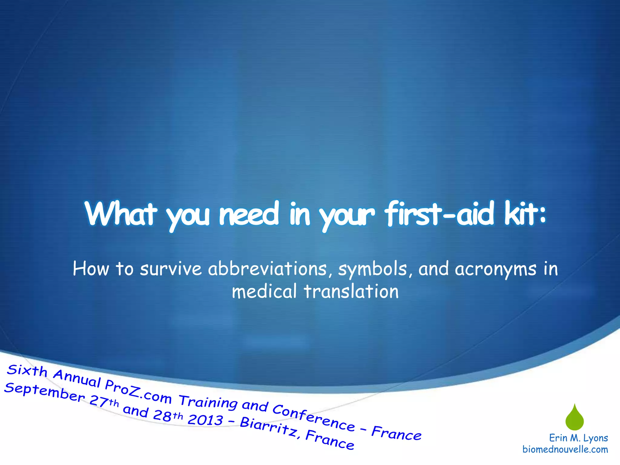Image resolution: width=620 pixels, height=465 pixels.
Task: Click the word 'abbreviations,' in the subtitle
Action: tap(267, 269)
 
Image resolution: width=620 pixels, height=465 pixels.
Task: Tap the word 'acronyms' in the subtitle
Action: tap(495, 269)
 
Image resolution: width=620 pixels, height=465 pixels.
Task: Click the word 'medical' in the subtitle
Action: tap(264, 292)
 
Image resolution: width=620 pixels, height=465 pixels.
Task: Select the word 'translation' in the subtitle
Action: tap(351, 292)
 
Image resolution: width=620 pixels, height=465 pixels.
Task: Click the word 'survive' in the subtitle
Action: tap(170, 269)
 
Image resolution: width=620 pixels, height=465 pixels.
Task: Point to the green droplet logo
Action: tap(574, 418)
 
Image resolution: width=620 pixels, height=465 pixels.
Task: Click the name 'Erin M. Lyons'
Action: tap(578, 438)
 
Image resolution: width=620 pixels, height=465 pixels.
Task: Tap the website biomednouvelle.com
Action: tap(565, 449)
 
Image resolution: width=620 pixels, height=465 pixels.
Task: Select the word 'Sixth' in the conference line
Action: tap(27, 371)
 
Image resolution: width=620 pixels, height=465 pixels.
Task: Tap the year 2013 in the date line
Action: tap(205, 419)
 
